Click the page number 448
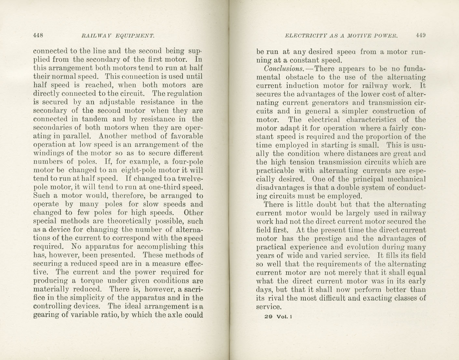pos(38,36)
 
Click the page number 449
pos(421,36)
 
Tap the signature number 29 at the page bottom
pos(269,317)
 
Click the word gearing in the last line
pos(46,315)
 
